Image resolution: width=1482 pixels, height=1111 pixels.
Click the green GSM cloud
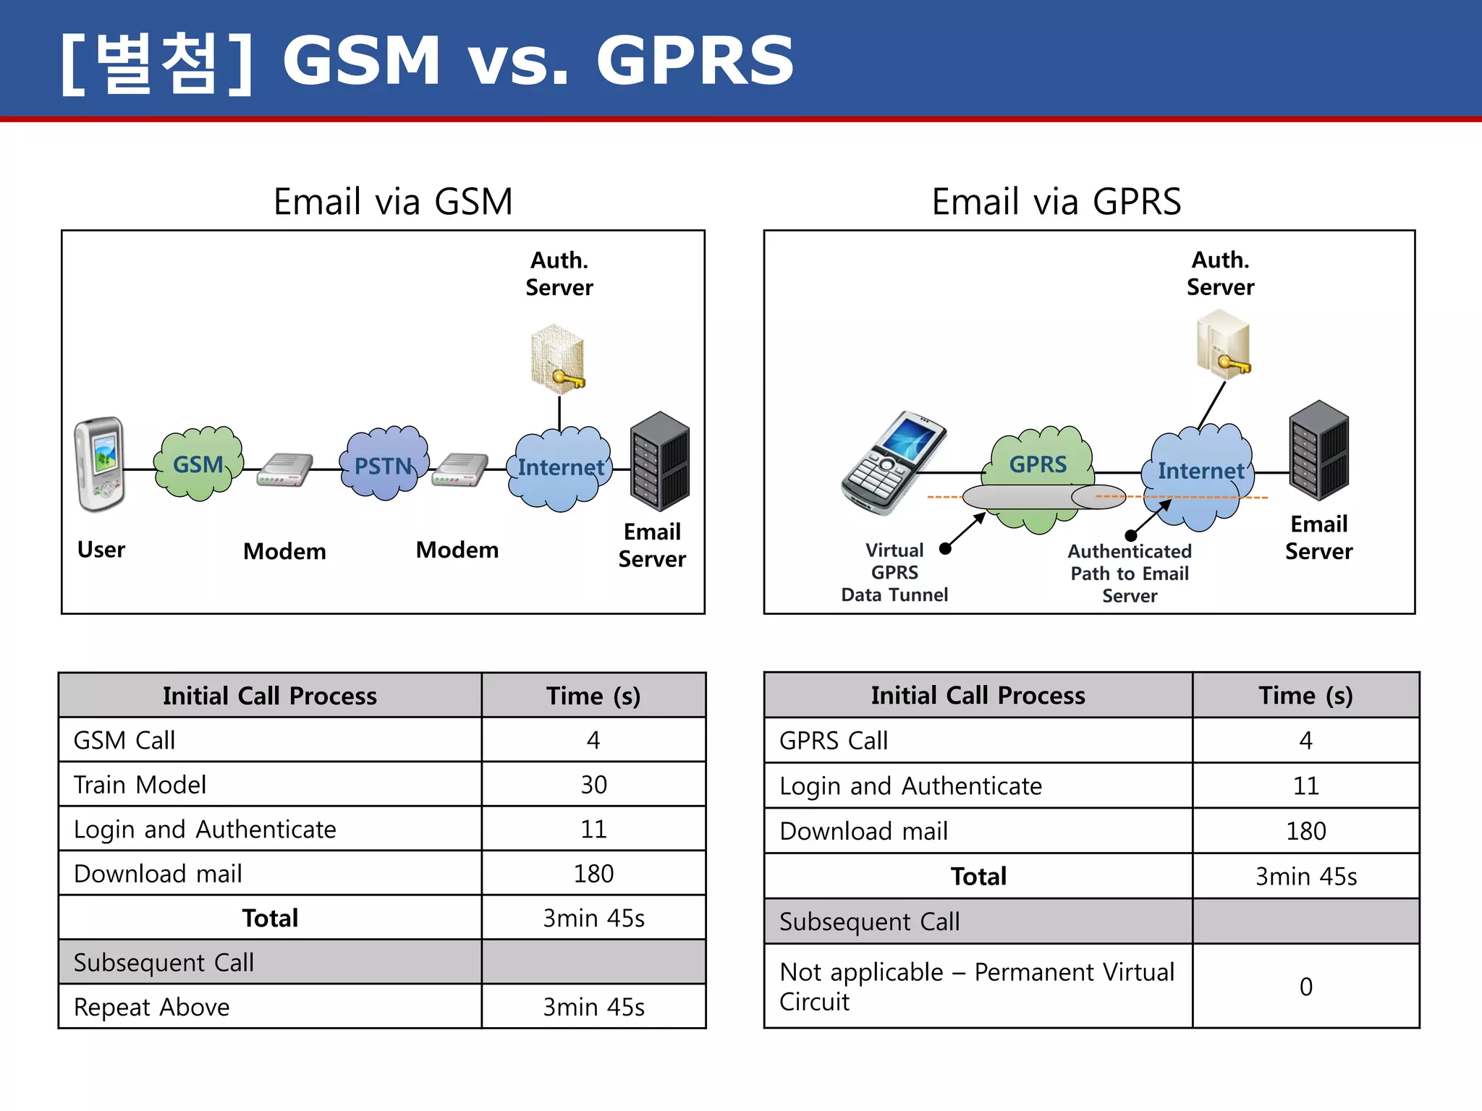tap(198, 464)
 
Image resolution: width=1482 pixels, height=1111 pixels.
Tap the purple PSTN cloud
tap(384, 465)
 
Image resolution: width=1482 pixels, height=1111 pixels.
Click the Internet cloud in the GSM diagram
tap(560, 468)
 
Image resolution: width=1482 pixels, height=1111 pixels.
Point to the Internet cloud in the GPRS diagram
tap(1201, 472)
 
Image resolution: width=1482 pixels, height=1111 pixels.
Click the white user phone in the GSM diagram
tap(100, 464)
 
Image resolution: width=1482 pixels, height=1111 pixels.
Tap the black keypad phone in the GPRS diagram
tap(893, 462)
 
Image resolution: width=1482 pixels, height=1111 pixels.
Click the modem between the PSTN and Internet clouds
tap(460, 470)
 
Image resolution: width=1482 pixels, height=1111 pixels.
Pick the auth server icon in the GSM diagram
tap(557, 359)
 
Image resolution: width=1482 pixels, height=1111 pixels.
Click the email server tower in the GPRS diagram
tap(1318, 450)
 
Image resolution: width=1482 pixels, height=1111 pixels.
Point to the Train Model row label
tap(140, 785)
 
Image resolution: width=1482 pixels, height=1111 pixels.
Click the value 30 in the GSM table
tap(593, 785)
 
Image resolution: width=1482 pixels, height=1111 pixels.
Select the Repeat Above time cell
tap(593, 1007)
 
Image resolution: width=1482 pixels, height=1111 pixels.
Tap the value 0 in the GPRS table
tap(1305, 987)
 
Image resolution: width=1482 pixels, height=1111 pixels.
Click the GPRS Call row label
tap(834, 741)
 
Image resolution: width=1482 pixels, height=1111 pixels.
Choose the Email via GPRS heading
tap(1056, 201)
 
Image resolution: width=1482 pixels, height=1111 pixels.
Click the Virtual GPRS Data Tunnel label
tap(894, 572)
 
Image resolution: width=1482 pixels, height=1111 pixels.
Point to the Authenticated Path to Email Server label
tap(1130, 574)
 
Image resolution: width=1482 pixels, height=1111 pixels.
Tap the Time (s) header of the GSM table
tap(593, 696)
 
